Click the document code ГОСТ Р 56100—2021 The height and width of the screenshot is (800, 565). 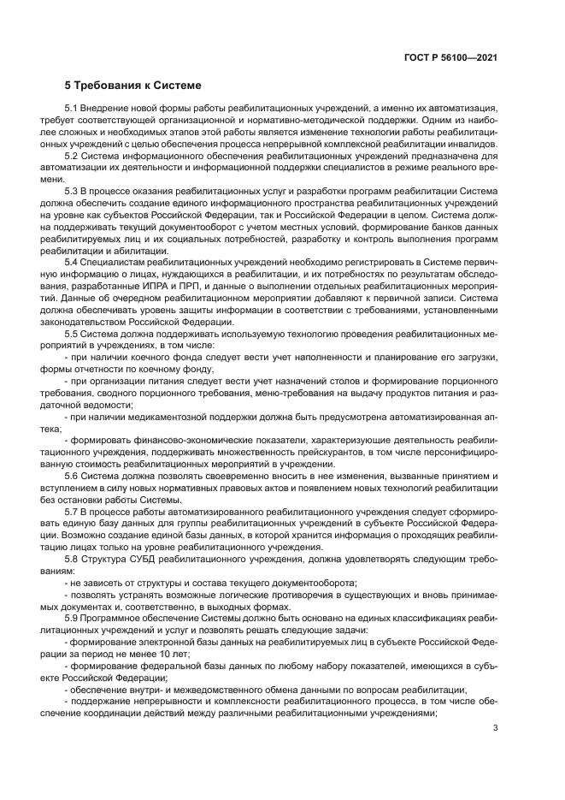point(450,56)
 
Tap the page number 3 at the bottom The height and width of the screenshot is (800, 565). point(496,728)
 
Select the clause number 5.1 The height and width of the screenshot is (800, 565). point(74,110)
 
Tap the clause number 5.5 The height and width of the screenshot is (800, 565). point(74,333)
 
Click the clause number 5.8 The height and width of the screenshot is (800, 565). point(74,554)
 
